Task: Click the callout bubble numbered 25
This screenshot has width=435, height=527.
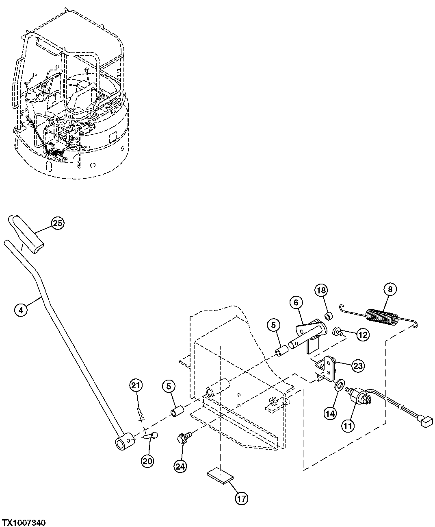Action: click(58, 223)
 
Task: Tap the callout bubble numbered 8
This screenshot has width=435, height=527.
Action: click(390, 290)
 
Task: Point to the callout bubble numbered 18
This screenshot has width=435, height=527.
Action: click(320, 291)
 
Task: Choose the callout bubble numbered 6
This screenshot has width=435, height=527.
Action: click(296, 302)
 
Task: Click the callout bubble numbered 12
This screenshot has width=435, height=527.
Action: click(363, 335)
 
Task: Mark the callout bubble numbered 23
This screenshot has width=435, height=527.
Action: click(357, 366)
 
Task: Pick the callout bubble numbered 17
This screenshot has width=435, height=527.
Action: click(241, 499)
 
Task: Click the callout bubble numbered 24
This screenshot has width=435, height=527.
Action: click(180, 467)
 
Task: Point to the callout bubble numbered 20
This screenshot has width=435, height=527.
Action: click(148, 461)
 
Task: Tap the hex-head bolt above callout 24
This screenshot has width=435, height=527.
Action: click(182, 439)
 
